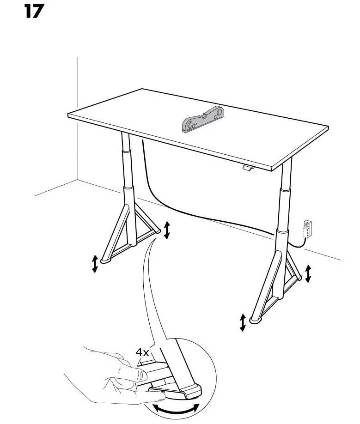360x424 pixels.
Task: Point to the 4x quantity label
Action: point(142,352)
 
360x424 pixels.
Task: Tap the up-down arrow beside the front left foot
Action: point(95,263)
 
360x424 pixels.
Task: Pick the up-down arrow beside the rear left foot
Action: point(167,230)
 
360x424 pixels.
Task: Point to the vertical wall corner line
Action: point(77,115)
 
